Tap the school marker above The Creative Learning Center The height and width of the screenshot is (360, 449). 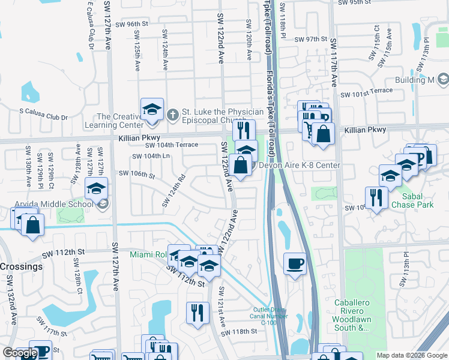pos(152,110)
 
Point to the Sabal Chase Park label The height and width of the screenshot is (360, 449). pos(412,200)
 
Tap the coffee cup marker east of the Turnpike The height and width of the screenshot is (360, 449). pos(295,264)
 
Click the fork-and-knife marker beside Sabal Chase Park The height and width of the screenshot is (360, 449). pos(376,199)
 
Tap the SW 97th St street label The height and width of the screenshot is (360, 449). pos(310,40)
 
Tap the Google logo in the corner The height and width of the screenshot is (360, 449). pos(20,353)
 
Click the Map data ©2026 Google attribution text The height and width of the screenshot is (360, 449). pos(412,355)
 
